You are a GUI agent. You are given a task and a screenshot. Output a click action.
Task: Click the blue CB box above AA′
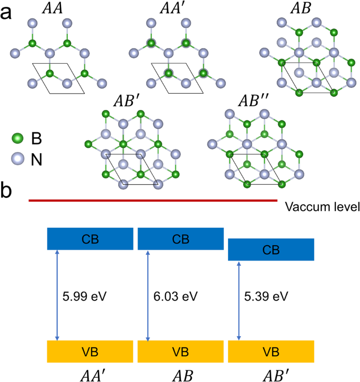click(90, 238)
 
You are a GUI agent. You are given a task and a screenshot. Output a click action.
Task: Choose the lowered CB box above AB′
click(271, 249)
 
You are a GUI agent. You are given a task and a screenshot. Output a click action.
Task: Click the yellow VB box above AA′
click(90, 351)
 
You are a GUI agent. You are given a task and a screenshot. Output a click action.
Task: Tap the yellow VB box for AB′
click(271, 351)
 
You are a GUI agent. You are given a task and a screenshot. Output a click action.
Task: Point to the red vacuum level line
click(152, 200)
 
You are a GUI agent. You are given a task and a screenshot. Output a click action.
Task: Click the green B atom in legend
click(18, 139)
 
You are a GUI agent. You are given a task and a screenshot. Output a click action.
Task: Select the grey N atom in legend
click(18, 157)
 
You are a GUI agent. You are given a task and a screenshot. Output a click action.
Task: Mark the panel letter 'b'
click(7, 191)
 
